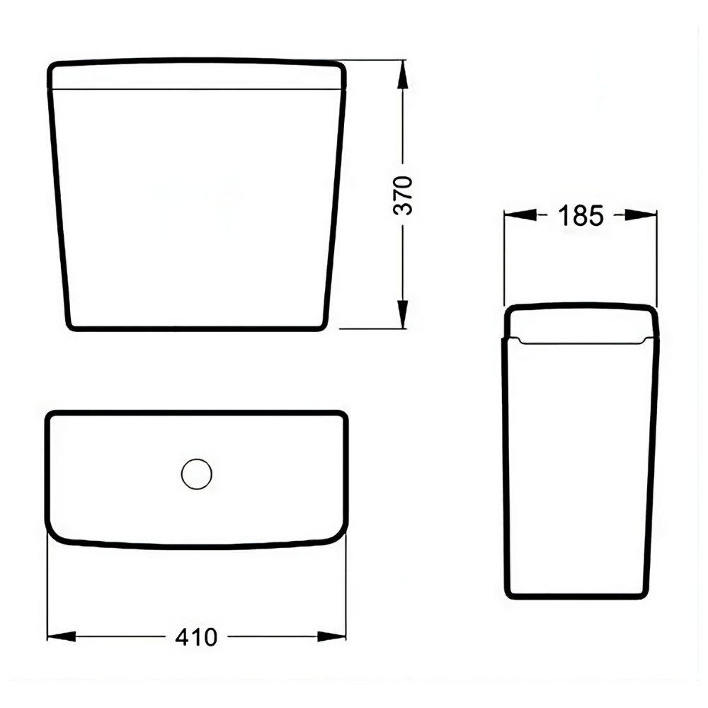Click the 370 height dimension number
tap(403, 194)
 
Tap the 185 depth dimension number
tap(581, 215)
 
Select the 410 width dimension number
tap(196, 637)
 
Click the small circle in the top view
tap(197, 474)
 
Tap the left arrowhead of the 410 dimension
tap(60, 637)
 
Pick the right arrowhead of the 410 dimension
tap(332, 637)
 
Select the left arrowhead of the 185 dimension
tap(517, 215)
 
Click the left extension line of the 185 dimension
tap(504, 255)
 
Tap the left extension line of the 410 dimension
tap(47, 588)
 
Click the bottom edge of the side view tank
tap(577, 598)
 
